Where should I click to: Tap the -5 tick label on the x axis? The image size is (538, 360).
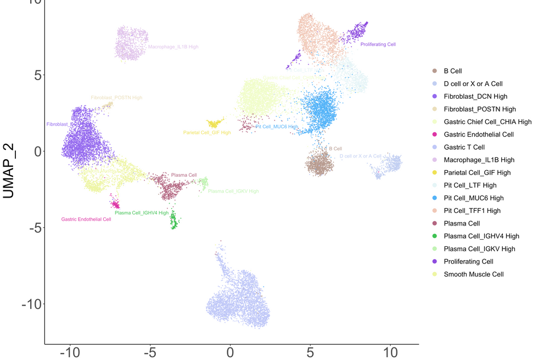[x=150, y=352]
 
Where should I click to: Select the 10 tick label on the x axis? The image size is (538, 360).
[x=390, y=352]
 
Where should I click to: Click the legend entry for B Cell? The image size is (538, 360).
[x=453, y=71]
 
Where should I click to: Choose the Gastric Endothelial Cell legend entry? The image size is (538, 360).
[x=479, y=134]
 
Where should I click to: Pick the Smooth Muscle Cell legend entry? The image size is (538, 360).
[x=473, y=274]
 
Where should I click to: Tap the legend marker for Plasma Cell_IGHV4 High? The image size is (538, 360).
[x=435, y=236]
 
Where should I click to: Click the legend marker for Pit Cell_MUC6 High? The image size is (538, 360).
[x=435, y=198]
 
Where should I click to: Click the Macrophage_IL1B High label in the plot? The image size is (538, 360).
[x=173, y=47]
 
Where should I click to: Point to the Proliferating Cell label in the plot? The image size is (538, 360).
[x=378, y=44]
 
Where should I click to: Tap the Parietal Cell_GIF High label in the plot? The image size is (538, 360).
[x=207, y=133]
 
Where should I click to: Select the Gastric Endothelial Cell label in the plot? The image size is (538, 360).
[x=86, y=220]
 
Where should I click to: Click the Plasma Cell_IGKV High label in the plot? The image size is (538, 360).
[x=233, y=192]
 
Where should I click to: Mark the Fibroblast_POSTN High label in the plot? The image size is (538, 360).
[x=116, y=98]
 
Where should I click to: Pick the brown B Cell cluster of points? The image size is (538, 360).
[x=319, y=164]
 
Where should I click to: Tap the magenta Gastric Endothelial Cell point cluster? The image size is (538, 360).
[x=115, y=205]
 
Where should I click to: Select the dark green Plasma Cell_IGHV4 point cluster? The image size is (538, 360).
[x=173, y=221]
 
